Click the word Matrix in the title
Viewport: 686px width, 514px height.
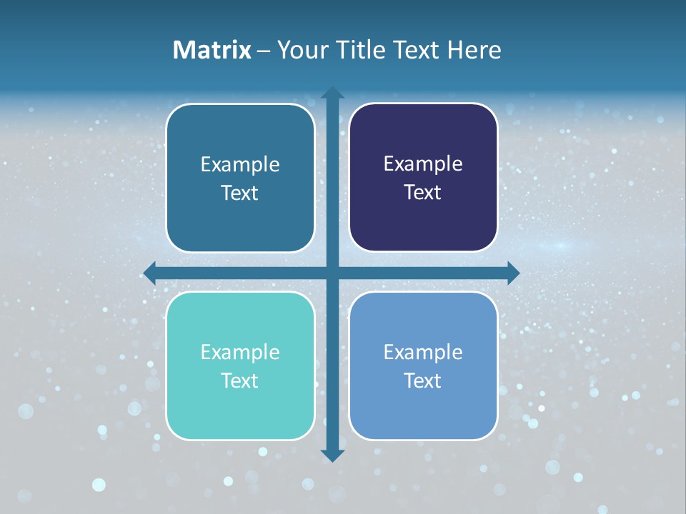212,50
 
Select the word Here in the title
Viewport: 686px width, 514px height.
474,50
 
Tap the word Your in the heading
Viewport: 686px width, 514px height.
304,50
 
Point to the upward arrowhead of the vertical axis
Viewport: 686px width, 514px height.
332,93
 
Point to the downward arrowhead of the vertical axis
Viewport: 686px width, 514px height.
332,455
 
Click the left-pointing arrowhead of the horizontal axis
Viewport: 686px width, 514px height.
150,273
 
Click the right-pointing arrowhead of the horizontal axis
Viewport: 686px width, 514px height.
513,273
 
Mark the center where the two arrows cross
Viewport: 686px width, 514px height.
332,273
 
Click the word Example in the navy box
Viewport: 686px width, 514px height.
423,164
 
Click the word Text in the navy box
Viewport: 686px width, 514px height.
423,193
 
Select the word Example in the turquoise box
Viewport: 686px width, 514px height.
240,352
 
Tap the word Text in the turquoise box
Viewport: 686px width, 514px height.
240,381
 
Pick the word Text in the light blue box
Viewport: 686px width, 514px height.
423,381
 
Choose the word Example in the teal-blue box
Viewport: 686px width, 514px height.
240,165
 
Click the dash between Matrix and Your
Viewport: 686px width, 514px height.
264,51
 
